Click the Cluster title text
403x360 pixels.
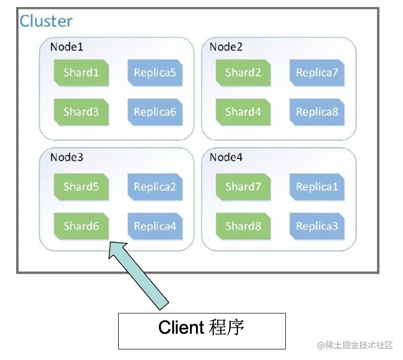46,21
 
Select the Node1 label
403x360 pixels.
67,47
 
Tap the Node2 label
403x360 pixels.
226,47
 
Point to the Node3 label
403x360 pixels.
67,157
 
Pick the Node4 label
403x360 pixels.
226,157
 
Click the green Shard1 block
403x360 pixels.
81,73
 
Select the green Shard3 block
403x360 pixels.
81,112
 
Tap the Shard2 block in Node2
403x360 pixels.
243,73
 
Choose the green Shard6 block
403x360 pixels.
81,226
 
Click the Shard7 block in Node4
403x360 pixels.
243,187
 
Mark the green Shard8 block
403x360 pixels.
243,226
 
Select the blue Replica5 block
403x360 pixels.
155,73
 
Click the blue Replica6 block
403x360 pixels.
155,112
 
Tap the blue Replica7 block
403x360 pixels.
317,73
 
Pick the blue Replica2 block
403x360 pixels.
155,187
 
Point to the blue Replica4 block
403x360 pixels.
155,226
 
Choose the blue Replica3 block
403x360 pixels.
317,226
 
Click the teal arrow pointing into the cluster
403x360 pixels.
139,276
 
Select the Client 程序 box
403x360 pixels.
202,331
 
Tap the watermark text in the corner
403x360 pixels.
355,345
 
